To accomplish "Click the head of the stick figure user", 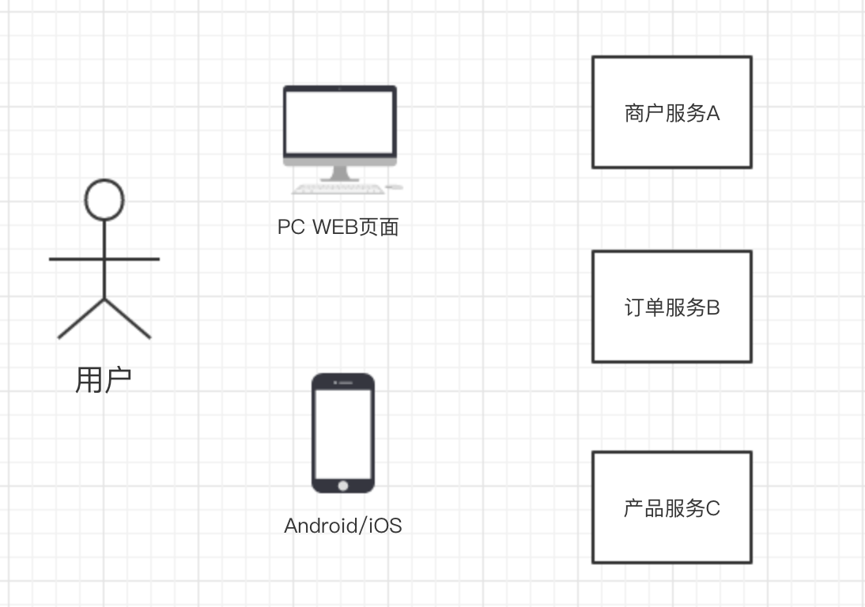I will (x=104, y=199).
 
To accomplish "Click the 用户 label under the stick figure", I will (x=104, y=380).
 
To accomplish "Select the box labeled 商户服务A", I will (x=671, y=112).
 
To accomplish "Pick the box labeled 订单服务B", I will (x=671, y=307).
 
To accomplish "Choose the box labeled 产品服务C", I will (x=671, y=507).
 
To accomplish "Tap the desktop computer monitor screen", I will (x=340, y=122).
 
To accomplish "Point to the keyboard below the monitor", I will (x=338, y=189).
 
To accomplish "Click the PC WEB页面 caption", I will (x=338, y=228).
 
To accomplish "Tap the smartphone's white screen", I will (x=342, y=432).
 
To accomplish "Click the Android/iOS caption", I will (x=342, y=526).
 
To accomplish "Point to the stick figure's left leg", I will (x=81, y=319).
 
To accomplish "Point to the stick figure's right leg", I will (x=128, y=319).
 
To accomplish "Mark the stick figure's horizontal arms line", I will (x=104, y=258).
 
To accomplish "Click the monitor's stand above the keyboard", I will (x=340, y=174).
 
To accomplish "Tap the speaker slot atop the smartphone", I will (x=343, y=383).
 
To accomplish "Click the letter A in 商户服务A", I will (x=712, y=114).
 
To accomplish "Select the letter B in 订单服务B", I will (x=712, y=307).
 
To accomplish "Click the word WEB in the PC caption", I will (x=333, y=228).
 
